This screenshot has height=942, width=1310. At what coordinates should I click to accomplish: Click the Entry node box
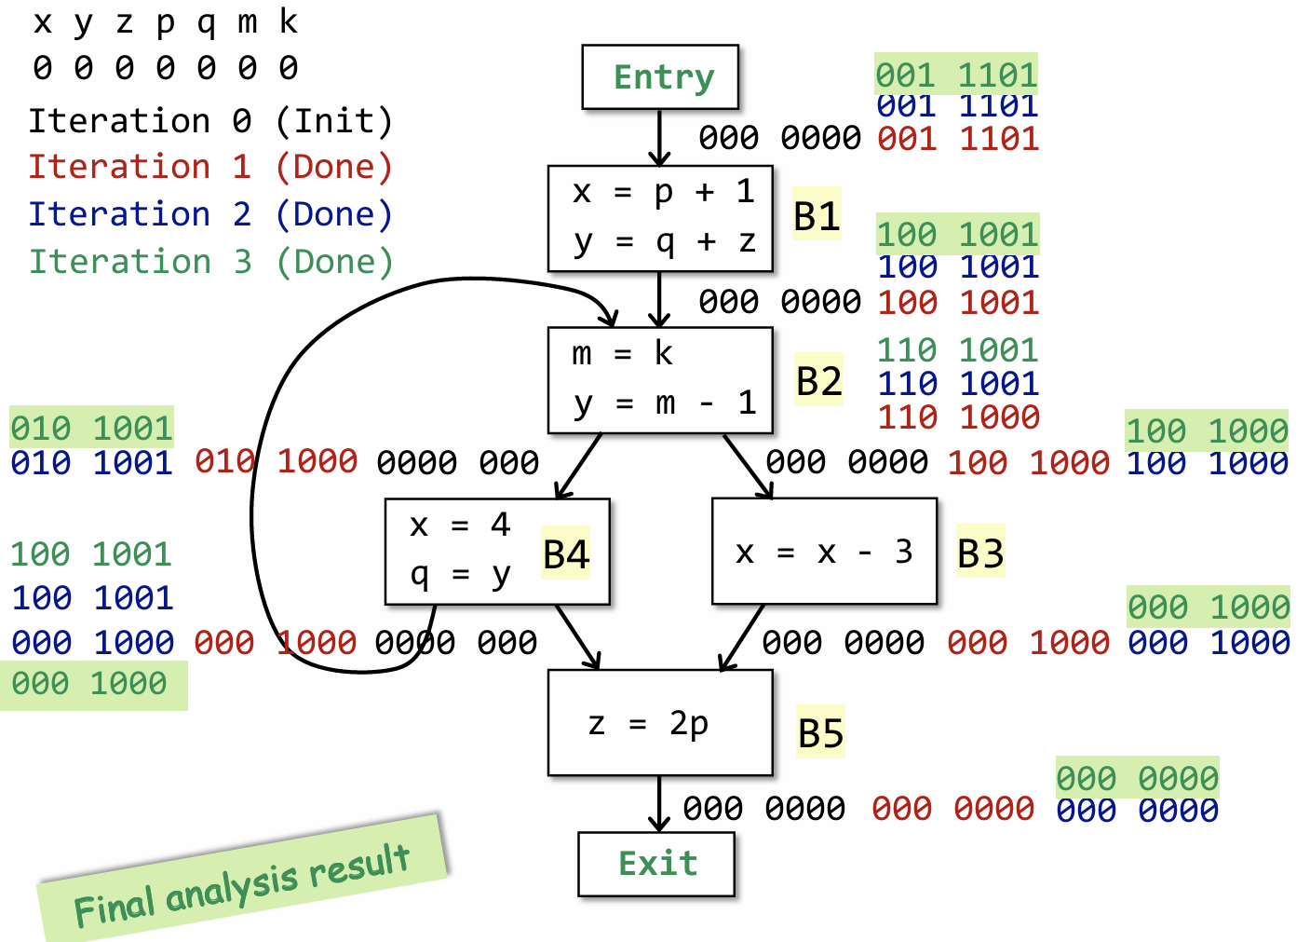[x=660, y=76]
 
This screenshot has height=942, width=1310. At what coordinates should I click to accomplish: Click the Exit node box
[x=656, y=864]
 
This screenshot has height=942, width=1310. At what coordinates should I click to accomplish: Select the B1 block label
[x=817, y=216]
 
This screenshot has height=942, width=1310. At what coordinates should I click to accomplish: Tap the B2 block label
[x=818, y=381]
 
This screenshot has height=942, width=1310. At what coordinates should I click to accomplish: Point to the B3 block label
[x=980, y=553]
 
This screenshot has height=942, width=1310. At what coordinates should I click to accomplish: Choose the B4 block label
[x=566, y=555]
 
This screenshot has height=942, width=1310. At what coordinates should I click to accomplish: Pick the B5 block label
[x=820, y=733]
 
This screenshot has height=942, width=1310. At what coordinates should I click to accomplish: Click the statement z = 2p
[x=649, y=723]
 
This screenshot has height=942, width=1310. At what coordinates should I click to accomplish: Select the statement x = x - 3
[x=823, y=553]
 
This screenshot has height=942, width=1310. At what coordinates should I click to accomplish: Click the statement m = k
[x=622, y=354]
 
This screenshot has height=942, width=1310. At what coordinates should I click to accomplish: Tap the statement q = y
[x=461, y=575]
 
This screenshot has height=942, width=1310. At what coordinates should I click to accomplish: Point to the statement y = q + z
[x=664, y=241]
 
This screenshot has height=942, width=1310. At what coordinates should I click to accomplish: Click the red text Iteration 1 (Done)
[x=210, y=167]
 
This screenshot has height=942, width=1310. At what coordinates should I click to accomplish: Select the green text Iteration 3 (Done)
[x=210, y=262]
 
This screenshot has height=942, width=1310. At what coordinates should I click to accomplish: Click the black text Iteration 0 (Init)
[x=210, y=121]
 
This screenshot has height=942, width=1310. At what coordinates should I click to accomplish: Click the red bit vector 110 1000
[x=958, y=417]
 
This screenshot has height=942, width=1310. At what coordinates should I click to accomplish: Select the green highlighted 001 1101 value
[x=956, y=75]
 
